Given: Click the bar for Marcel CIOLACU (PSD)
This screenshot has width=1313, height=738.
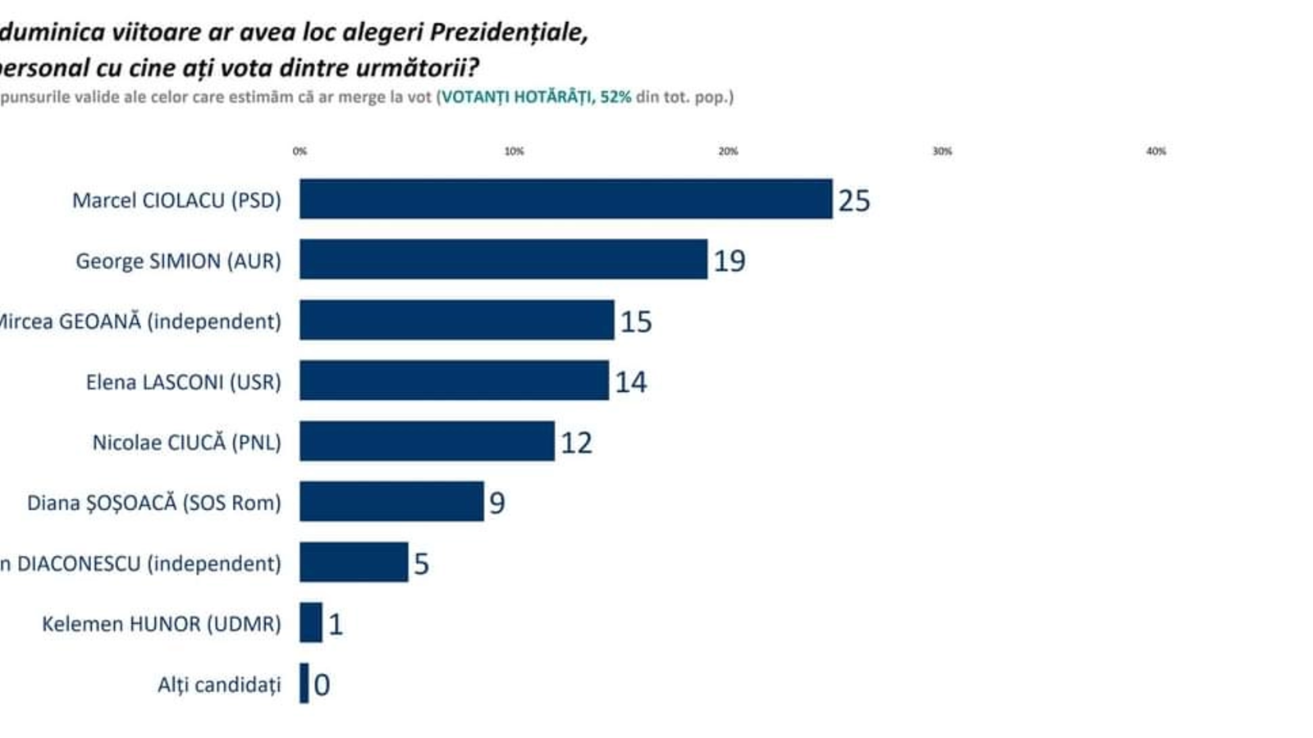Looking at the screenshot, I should tap(565, 198).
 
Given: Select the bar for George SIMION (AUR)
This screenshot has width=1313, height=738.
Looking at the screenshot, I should tap(503, 259).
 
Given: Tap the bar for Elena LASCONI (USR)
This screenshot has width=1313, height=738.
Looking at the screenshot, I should tap(454, 380).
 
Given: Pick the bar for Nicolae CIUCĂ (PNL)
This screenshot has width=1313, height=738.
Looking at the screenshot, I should tap(427, 441).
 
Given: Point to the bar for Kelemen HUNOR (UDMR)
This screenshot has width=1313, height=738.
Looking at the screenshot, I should tap(311, 622).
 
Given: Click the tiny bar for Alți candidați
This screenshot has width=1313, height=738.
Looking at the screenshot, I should tap(304, 683).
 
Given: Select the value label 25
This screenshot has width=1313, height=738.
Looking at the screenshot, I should tap(853, 200).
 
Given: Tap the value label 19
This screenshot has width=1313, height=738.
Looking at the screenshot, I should tap(729, 261).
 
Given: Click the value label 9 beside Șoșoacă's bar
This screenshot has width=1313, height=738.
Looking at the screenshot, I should tap(496, 503).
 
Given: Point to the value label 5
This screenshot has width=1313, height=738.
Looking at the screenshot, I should tap(421, 563).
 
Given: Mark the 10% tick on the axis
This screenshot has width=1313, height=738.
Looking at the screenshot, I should tap(514, 151).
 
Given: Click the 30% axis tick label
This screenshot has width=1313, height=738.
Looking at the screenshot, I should tap(942, 151).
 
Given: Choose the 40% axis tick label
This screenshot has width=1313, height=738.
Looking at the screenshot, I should tap(1155, 151).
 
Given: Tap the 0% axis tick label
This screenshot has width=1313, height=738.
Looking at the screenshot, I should tap(300, 151).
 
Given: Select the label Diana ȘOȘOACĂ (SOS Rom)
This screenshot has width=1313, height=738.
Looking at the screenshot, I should tap(153, 503).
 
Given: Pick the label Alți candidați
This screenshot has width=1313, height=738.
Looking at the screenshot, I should tap(219, 685).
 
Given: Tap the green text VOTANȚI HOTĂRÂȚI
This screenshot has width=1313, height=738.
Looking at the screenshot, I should tap(516, 97).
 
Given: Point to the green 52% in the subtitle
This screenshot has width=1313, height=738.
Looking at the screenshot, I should tap(615, 97).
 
